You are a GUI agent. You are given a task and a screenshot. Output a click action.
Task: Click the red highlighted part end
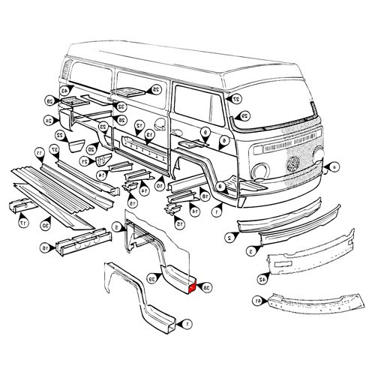pos(193,286)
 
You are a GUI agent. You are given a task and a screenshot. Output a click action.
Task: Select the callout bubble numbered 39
pos(152,279)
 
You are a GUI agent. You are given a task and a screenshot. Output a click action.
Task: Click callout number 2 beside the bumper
pos(228,237)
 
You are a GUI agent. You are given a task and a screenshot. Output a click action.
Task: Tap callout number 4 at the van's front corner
pos(334,166)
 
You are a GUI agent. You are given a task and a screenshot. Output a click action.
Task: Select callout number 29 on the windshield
pos(244,115)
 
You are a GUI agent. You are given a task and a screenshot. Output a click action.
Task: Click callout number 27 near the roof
pos(235,98)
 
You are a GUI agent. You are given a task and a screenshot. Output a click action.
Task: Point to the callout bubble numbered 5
pos(115,226)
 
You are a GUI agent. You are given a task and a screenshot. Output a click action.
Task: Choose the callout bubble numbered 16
pos(44,247)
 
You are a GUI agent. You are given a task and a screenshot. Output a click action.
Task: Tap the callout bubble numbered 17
pos(23,223)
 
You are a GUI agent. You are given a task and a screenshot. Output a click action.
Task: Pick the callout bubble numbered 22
pos(59,135)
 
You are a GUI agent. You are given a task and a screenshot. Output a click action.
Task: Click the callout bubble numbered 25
pos(156,89)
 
